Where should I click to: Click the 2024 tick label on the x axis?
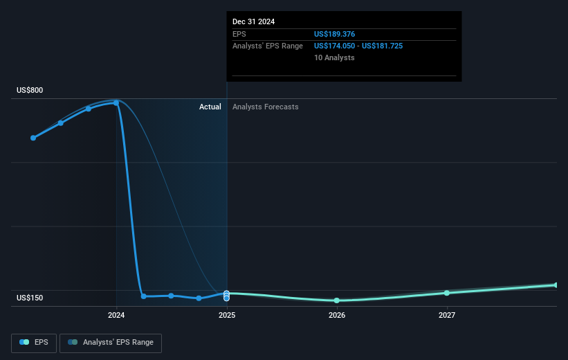click(116, 316)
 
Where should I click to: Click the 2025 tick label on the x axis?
click(227, 316)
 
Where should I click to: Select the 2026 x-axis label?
click(337, 316)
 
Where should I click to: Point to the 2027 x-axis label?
click(447, 316)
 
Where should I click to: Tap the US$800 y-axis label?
click(30, 90)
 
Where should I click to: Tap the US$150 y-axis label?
click(30, 298)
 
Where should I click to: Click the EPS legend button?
click(34, 343)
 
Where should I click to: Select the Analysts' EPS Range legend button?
click(111, 343)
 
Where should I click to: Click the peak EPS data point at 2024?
click(116, 103)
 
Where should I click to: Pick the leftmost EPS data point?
click(33, 138)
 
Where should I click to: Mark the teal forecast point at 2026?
click(336, 300)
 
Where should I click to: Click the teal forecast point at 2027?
click(447, 293)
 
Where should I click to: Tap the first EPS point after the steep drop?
click(144, 296)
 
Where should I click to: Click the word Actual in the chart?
click(210, 107)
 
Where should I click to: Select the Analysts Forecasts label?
click(266, 107)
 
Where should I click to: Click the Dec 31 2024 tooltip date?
click(254, 21)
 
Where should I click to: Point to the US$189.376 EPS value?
click(334, 34)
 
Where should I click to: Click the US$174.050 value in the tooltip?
click(334, 46)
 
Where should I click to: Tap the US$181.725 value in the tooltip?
click(382, 46)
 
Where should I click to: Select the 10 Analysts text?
click(334, 57)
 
